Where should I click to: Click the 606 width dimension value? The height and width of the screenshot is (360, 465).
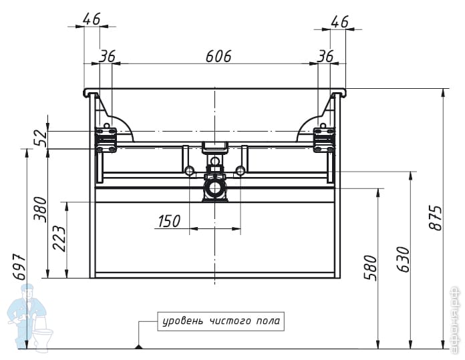218,56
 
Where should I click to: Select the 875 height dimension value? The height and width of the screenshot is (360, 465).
435,218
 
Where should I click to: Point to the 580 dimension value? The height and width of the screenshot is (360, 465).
371,267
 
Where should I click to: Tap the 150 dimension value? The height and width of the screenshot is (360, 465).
168,221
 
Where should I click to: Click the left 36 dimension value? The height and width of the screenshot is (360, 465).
107,56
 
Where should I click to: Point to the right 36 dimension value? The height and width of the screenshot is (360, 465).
325,56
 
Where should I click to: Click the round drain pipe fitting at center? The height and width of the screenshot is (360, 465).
214,187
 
